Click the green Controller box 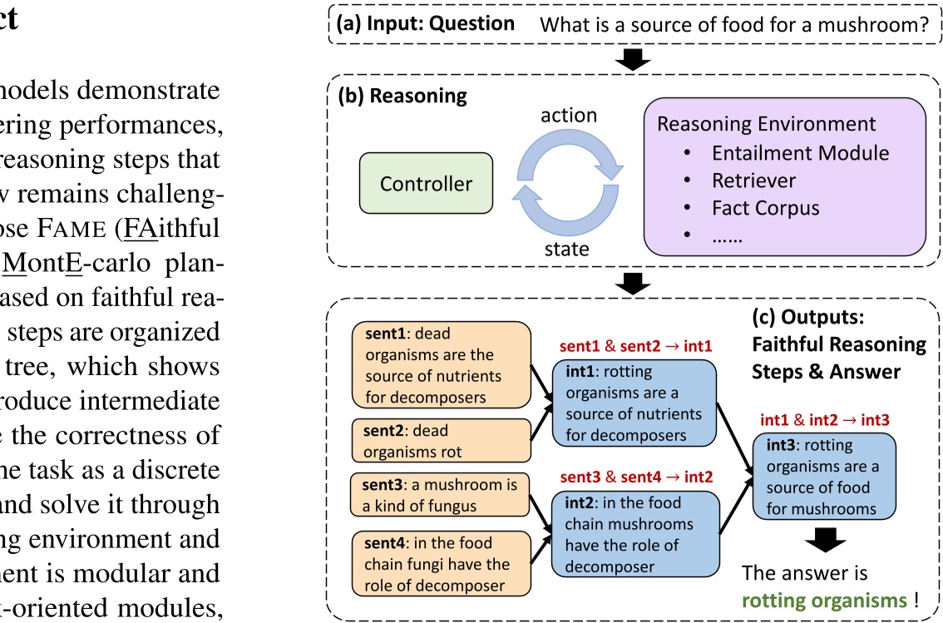(426, 184)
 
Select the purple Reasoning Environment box (784, 176)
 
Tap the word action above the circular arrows (569, 115)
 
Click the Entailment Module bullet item (800, 153)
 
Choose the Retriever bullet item (753, 180)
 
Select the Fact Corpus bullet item (765, 208)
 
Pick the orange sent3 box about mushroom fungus (440, 495)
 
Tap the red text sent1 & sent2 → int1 (635, 344)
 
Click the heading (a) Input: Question (425, 23)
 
